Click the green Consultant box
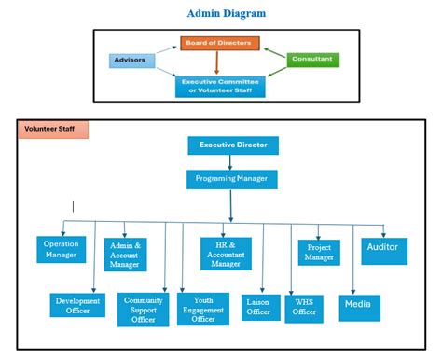tap(312, 60)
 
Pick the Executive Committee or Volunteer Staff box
tap(221, 87)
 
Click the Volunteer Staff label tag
tap(52, 130)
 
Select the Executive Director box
tap(232, 145)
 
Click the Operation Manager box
tap(62, 249)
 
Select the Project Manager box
tap(319, 252)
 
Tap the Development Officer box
tap(77, 305)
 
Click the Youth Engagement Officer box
tap(203, 310)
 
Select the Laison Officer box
tap(257, 307)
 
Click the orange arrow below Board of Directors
tap(217, 64)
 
